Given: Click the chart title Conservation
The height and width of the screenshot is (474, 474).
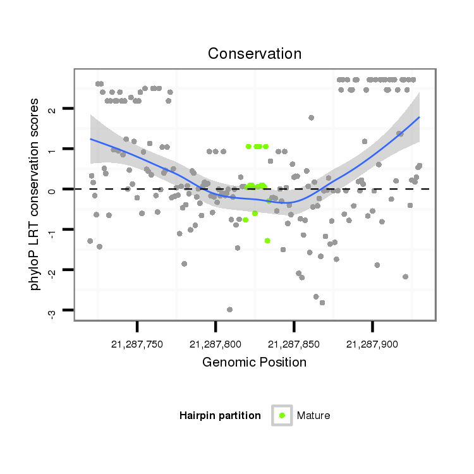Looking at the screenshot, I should (x=255, y=54).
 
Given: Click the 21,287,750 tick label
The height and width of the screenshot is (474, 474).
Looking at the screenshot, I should (x=137, y=344).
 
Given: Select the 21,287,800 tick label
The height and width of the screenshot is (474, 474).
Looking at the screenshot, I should (x=216, y=344).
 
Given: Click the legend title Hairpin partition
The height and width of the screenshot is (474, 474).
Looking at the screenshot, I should (x=220, y=416).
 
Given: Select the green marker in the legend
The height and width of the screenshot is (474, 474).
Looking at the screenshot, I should (x=282, y=415).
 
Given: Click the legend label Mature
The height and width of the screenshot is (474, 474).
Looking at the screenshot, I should (x=313, y=416).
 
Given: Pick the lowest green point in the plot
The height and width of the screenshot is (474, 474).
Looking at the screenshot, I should (x=267, y=241).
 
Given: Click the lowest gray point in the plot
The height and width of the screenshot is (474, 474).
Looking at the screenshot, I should (x=229, y=310).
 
